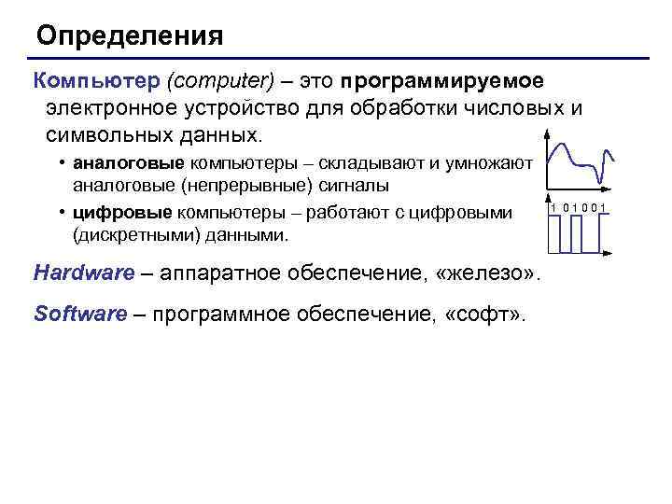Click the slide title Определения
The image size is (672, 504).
tap(130, 36)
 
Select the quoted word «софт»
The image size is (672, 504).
tap(483, 315)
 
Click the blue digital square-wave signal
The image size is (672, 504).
tap(579, 233)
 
